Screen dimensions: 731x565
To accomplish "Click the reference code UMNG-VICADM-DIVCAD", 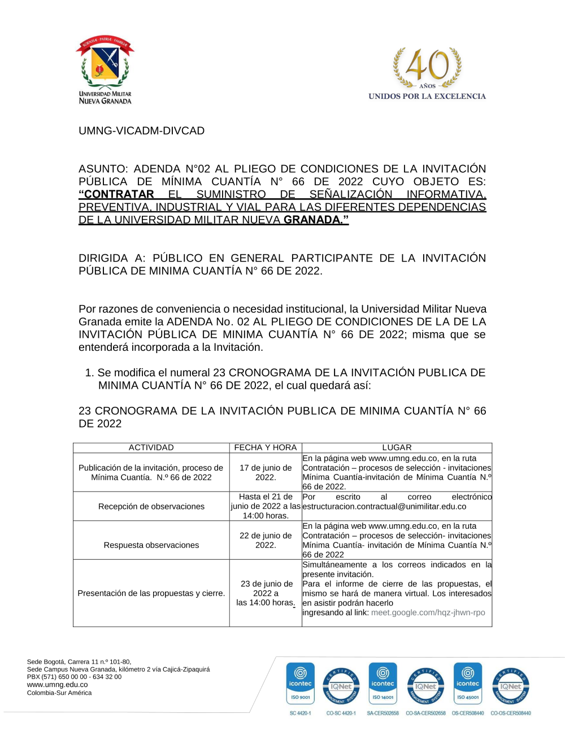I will coord(141,130).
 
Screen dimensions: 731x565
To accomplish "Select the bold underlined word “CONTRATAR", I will coord(116,194).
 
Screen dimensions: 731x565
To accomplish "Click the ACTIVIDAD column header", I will coord(151,447).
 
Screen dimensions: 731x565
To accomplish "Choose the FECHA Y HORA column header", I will coord(266,447).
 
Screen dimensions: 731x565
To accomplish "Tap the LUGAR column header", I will coord(397,447).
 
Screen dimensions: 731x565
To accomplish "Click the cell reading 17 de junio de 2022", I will coord(266,472).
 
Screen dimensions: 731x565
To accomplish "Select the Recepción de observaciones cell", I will coord(151,506).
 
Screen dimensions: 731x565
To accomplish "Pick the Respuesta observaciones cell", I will coord(151,545).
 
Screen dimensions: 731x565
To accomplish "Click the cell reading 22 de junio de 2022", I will coord(266,540).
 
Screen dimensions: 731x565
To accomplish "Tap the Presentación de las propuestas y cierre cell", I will coord(151,593).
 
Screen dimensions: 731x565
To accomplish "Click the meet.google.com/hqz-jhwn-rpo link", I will coord(428,612).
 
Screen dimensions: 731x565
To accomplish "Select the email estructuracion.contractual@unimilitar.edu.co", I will coord(384,506).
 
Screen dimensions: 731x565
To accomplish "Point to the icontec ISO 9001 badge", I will coord(301,683).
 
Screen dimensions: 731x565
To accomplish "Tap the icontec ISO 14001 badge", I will coord(383,683).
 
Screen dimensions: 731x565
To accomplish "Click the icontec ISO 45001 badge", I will coord(468,683).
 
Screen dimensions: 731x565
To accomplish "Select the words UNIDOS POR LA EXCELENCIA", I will coord(427,96).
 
